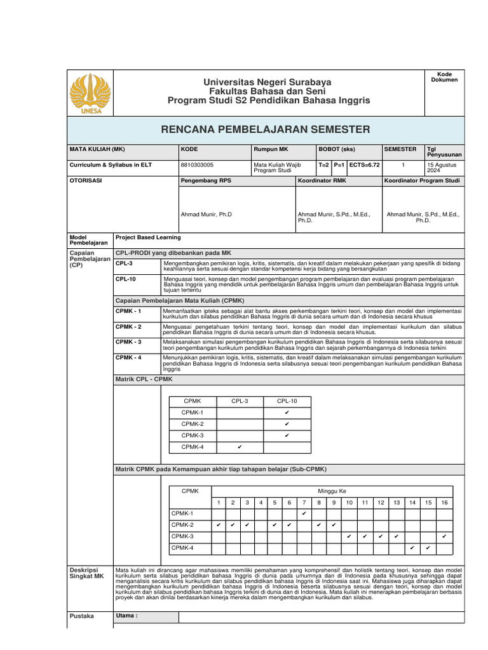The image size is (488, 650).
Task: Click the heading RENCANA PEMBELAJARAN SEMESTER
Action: pos(265,129)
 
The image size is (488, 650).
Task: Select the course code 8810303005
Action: pos(197,164)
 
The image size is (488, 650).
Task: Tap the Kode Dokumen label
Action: pos(444,77)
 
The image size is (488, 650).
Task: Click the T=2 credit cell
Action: pos(324,164)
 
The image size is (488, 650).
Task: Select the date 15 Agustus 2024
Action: pos(442,168)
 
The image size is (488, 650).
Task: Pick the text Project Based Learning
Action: pos(147,237)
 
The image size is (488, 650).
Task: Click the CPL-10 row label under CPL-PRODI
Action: pos(125,279)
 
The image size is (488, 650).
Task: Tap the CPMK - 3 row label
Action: pos(128,342)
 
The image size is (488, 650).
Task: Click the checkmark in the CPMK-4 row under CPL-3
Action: pos(240,447)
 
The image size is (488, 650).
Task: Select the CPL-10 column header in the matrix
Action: pos(287,401)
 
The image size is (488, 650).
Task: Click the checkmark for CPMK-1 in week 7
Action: pos(304,513)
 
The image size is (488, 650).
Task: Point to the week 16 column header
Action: pos(444,502)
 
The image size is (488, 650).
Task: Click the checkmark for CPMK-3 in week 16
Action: pos(444,536)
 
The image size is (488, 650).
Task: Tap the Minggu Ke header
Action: pos(332,491)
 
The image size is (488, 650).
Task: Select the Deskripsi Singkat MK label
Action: pos(86,573)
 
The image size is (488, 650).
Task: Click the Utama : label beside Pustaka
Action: pos(127,616)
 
